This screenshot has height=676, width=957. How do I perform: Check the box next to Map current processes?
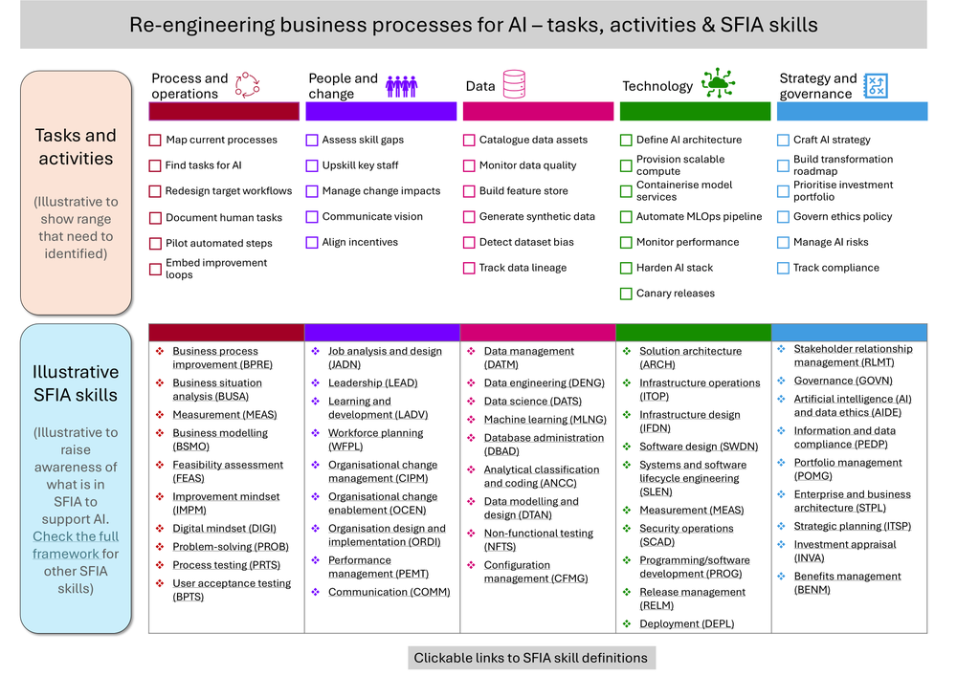click(155, 141)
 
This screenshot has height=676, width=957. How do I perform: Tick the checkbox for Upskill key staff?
click(312, 165)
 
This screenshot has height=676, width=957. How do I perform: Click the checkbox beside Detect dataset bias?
click(469, 243)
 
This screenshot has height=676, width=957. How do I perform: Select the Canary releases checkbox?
click(626, 294)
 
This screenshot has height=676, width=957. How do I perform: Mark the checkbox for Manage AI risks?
click(783, 243)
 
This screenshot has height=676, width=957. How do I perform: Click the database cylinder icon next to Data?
click(514, 84)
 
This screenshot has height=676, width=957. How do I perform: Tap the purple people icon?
click(402, 87)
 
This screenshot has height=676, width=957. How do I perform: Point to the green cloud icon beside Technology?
click(718, 83)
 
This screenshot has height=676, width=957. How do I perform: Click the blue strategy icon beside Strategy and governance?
click(876, 86)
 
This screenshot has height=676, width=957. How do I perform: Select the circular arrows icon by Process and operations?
click(247, 85)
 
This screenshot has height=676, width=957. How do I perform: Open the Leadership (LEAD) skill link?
click(372, 382)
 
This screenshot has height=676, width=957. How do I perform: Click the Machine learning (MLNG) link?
click(545, 420)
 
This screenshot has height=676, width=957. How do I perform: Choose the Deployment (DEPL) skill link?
click(686, 623)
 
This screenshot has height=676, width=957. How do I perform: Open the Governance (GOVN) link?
click(843, 381)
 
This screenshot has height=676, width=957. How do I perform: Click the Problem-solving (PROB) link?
click(230, 547)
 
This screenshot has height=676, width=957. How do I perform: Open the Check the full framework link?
click(76, 545)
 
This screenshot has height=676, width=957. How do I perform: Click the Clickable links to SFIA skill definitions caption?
click(531, 659)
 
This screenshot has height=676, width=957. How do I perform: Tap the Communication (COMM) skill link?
click(389, 592)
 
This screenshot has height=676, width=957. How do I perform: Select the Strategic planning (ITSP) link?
click(852, 526)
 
